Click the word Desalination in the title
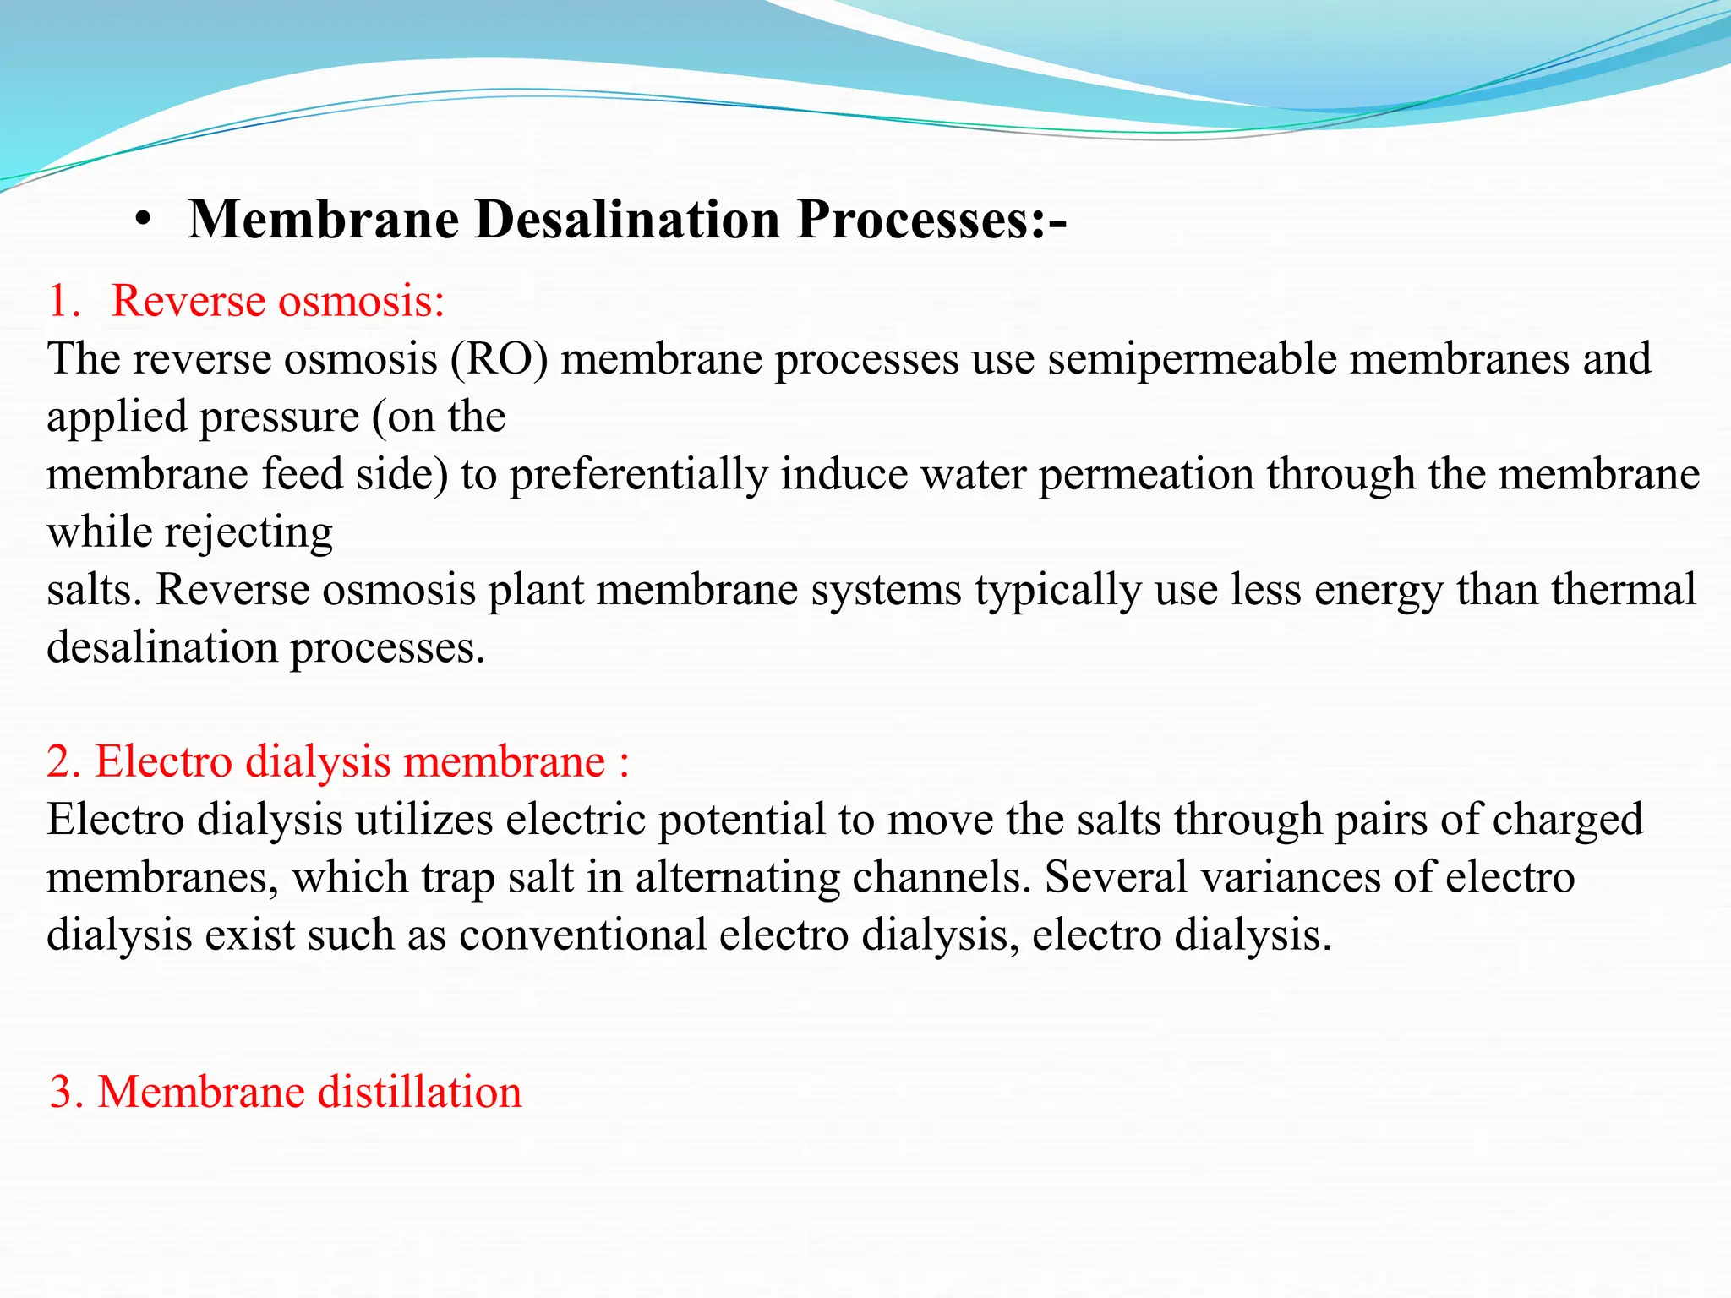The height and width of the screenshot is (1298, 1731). click(x=627, y=220)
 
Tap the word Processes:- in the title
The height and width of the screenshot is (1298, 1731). click(x=931, y=220)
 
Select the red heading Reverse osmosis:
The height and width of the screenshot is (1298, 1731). click(x=278, y=301)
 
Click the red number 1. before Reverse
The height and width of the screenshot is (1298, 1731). click(x=64, y=301)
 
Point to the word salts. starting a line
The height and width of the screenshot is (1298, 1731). click(x=94, y=590)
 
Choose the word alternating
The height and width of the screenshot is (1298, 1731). click(x=738, y=878)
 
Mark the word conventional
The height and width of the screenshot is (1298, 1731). click(x=582, y=935)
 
